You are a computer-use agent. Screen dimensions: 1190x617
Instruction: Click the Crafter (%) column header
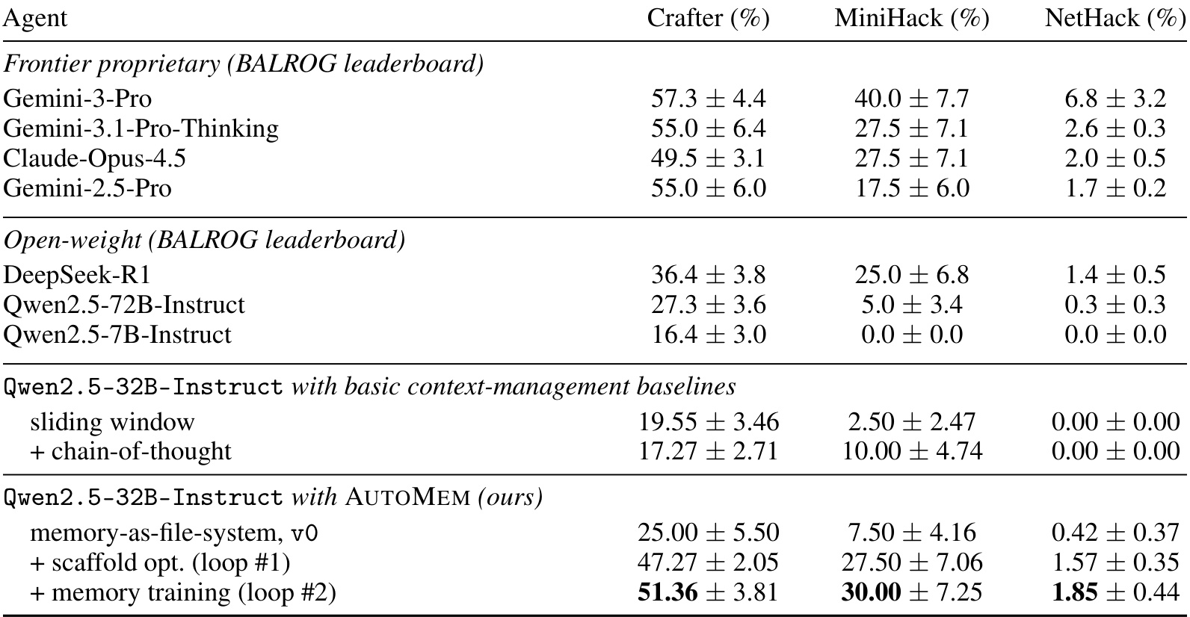tap(708, 19)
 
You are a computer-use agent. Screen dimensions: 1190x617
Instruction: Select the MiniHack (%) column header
tap(912, 19)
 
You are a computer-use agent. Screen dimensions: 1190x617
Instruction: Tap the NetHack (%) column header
tap(1115, 19)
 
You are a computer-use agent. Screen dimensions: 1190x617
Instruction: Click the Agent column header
tap(35, 19)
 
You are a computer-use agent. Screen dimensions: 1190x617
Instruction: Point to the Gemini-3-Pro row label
tap(78, 99)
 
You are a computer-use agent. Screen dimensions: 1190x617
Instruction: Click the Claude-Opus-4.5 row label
tap(95, 159)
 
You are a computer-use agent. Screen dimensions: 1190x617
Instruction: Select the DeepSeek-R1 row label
tap(77, 275)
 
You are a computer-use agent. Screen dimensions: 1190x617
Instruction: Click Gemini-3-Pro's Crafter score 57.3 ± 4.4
tap(709, 99)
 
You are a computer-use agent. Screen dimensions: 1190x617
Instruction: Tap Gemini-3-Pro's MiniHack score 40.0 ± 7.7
tap(912, 99)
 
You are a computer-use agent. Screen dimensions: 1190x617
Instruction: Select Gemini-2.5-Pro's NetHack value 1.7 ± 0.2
tap(1115, 188)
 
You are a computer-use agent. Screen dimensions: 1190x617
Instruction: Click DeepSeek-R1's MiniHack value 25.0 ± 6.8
tap(912, 275)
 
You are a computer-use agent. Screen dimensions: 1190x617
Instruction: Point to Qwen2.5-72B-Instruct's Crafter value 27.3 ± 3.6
tap(709, 305)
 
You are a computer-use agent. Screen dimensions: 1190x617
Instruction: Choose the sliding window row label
tap(113, 422)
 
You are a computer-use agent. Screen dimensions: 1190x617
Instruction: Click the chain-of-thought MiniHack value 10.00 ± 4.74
tap(912, 451)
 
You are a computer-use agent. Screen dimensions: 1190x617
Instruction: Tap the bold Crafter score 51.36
tap(668, 592)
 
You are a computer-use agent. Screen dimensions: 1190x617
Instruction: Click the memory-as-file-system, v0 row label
tap(174, 533)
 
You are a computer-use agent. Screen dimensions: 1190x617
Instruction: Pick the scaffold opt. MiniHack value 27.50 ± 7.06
tap(912, 562)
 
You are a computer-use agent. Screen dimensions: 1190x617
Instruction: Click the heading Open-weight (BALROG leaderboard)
tap(205, 241)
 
